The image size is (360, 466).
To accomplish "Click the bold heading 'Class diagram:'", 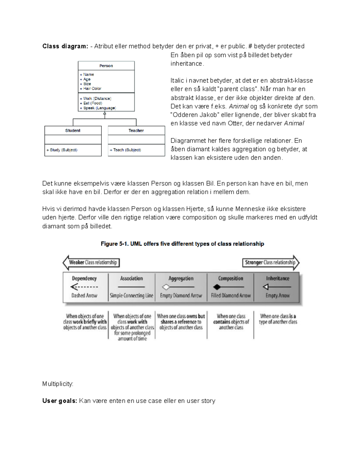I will (65, 46).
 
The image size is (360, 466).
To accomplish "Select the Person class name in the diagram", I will (106, 66).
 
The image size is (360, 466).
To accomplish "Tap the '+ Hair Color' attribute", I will (91, 89).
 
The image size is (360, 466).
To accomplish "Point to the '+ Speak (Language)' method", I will (98, 108).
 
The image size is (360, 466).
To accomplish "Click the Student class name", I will (73, 131).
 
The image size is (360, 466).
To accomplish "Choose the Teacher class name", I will (136, 131).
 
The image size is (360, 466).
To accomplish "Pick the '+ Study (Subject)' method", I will (62, 150).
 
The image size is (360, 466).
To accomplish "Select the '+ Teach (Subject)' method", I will (125, 150).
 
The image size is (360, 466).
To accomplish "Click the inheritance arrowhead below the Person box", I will (105, 114).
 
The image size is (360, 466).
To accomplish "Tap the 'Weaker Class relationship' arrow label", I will (92, 263).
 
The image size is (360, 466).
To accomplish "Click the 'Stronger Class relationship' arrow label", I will (270, 263).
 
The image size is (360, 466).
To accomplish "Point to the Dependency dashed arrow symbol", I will (84, 287).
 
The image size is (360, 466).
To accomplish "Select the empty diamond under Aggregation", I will (166, 287).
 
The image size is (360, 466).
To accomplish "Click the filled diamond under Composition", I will (217, 287).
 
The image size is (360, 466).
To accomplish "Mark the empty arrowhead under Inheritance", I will (266, 287).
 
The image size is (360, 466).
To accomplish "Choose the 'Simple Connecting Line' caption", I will (131, 296).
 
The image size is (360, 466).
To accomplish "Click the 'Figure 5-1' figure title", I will (182, 244).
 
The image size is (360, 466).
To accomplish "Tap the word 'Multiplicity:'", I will (58, 384).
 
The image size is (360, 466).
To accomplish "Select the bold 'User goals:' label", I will (60, 401).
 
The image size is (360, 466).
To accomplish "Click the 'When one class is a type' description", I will (278, 319).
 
